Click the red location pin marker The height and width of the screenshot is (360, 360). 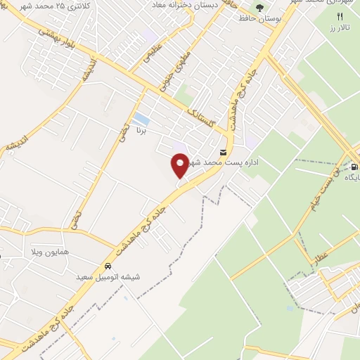tap(180, 165)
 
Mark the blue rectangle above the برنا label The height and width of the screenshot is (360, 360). tap(141, 119)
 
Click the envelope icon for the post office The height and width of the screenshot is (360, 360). tap(224, 152)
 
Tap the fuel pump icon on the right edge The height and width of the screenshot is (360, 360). tap(354, 167)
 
